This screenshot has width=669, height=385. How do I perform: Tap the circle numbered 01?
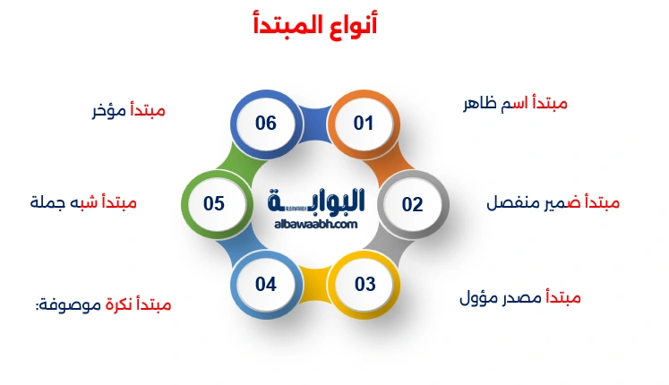pos(363,124)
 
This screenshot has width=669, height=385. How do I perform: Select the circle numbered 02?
pos(412,204)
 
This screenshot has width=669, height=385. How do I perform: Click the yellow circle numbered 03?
pos(365,285)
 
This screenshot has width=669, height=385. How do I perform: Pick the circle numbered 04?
pos(266,285)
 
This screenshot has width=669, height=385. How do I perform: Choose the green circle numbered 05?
pos(214,204)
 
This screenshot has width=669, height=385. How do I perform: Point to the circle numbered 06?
pos(266,124)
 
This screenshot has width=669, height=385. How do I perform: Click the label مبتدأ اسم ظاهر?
pos(514,103)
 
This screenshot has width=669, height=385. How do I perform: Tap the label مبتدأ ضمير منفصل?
pos(553,202)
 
